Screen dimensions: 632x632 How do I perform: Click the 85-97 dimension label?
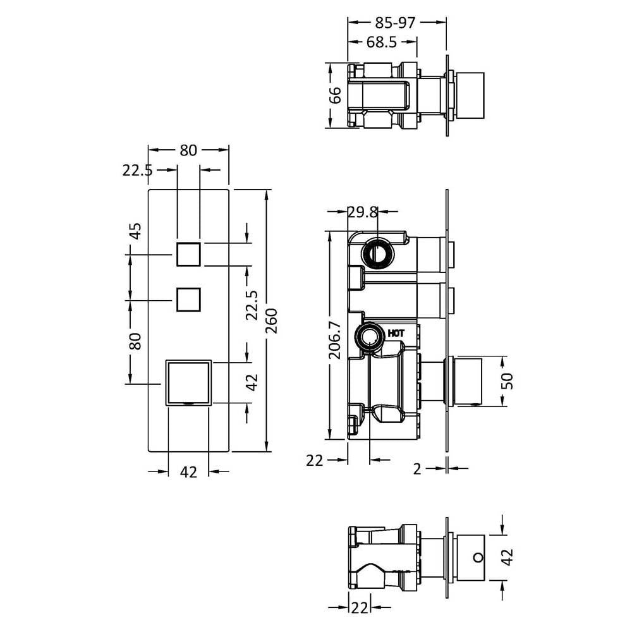[394, 23]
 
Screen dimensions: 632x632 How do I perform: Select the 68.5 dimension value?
[382, 42]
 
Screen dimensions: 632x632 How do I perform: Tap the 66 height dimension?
[336, 95]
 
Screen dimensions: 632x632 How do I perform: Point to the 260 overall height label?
[272, 320]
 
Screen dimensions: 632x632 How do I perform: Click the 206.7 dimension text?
[336, 340]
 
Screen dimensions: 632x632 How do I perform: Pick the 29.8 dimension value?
[363, 212]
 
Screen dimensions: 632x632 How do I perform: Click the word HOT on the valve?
[396, 333]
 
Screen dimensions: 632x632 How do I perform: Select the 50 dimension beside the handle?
[509, 381]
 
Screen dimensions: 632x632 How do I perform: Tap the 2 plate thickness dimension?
[417, 469]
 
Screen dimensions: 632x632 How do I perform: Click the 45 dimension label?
[137, 231]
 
